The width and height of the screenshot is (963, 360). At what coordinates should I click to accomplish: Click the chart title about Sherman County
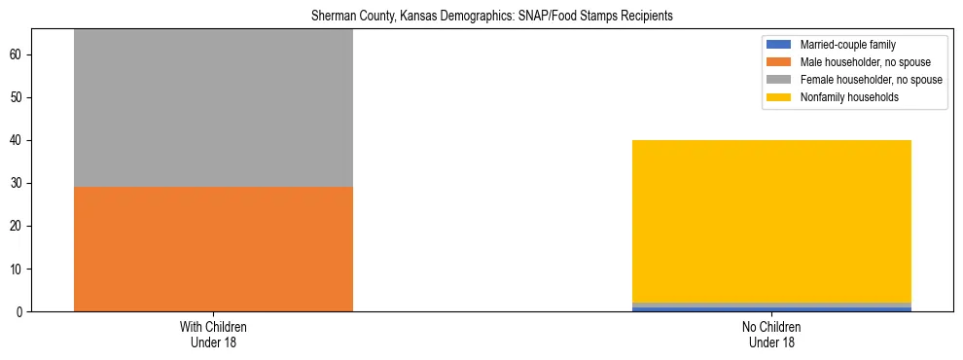[x=491, y=17]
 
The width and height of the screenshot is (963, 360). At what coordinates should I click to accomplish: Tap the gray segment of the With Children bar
[x=213, y=107]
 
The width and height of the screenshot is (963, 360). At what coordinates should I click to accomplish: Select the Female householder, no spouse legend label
[x=871, y=80]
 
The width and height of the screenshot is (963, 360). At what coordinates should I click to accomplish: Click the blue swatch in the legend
[x=779, y=45]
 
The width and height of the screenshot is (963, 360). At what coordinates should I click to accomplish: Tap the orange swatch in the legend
[x=779, y=62]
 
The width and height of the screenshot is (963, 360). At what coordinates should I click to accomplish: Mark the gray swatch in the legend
[x=779, y=80]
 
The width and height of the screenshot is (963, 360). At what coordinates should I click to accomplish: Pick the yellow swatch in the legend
[x=779, y=97]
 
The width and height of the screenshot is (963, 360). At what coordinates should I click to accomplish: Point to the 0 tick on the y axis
[x=21, y=312]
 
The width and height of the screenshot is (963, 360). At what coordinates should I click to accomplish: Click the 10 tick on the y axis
[x=18, y=270]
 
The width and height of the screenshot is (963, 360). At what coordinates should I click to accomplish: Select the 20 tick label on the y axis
[x=18, y=227]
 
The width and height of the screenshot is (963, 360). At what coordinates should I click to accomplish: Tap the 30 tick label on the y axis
[x=18, y=184]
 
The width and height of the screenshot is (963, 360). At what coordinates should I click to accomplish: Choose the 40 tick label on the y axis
[x=18, y=141]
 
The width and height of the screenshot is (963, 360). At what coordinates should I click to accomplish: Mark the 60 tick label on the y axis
[x=18, y=55]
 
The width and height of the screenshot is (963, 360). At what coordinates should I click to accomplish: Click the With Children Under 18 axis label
[x=213, y=334]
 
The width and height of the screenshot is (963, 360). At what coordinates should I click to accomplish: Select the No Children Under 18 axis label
[x=771, y=334]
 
